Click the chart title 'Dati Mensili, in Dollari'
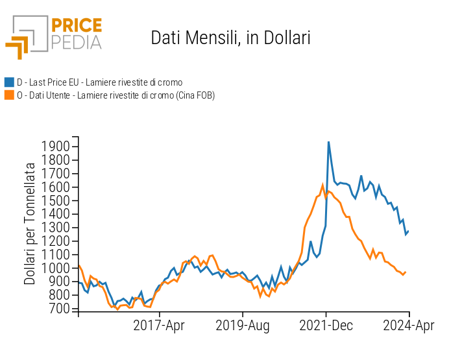click(230, 38)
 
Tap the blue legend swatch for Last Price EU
click(9, 82)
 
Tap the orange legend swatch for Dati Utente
click(9, 95)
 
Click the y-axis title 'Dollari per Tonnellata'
click(30, 224)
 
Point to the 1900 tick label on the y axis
click(56, 147)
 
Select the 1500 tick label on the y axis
click(56, 200)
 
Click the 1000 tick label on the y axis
click(56, 268)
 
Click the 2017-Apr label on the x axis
click(160, 325)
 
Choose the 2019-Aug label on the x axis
click(243, 325)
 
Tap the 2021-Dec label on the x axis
click(326, 325)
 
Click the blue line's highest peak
click(328, 141)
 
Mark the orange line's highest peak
click(322, 186)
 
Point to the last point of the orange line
click(406, 272)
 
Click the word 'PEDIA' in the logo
click(76, 42)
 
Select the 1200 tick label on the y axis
click(56, 241)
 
